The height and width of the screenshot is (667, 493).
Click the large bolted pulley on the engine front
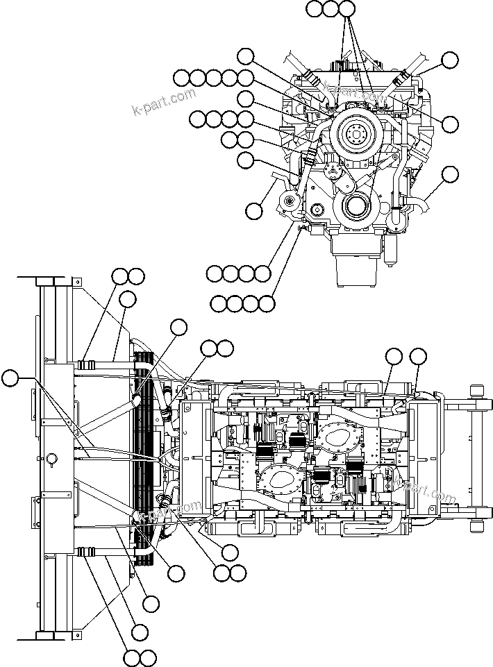click(355, 133)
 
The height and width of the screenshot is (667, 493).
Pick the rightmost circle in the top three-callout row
click(347, 9)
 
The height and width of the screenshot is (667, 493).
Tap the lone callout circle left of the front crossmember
click(10, 378)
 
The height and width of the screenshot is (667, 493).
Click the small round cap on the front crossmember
click(50, 457)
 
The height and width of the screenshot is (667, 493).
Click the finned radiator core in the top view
click(144, 458)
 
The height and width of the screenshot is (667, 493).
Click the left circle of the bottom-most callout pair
click(131, 657)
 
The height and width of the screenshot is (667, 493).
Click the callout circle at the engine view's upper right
click(451, 60)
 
